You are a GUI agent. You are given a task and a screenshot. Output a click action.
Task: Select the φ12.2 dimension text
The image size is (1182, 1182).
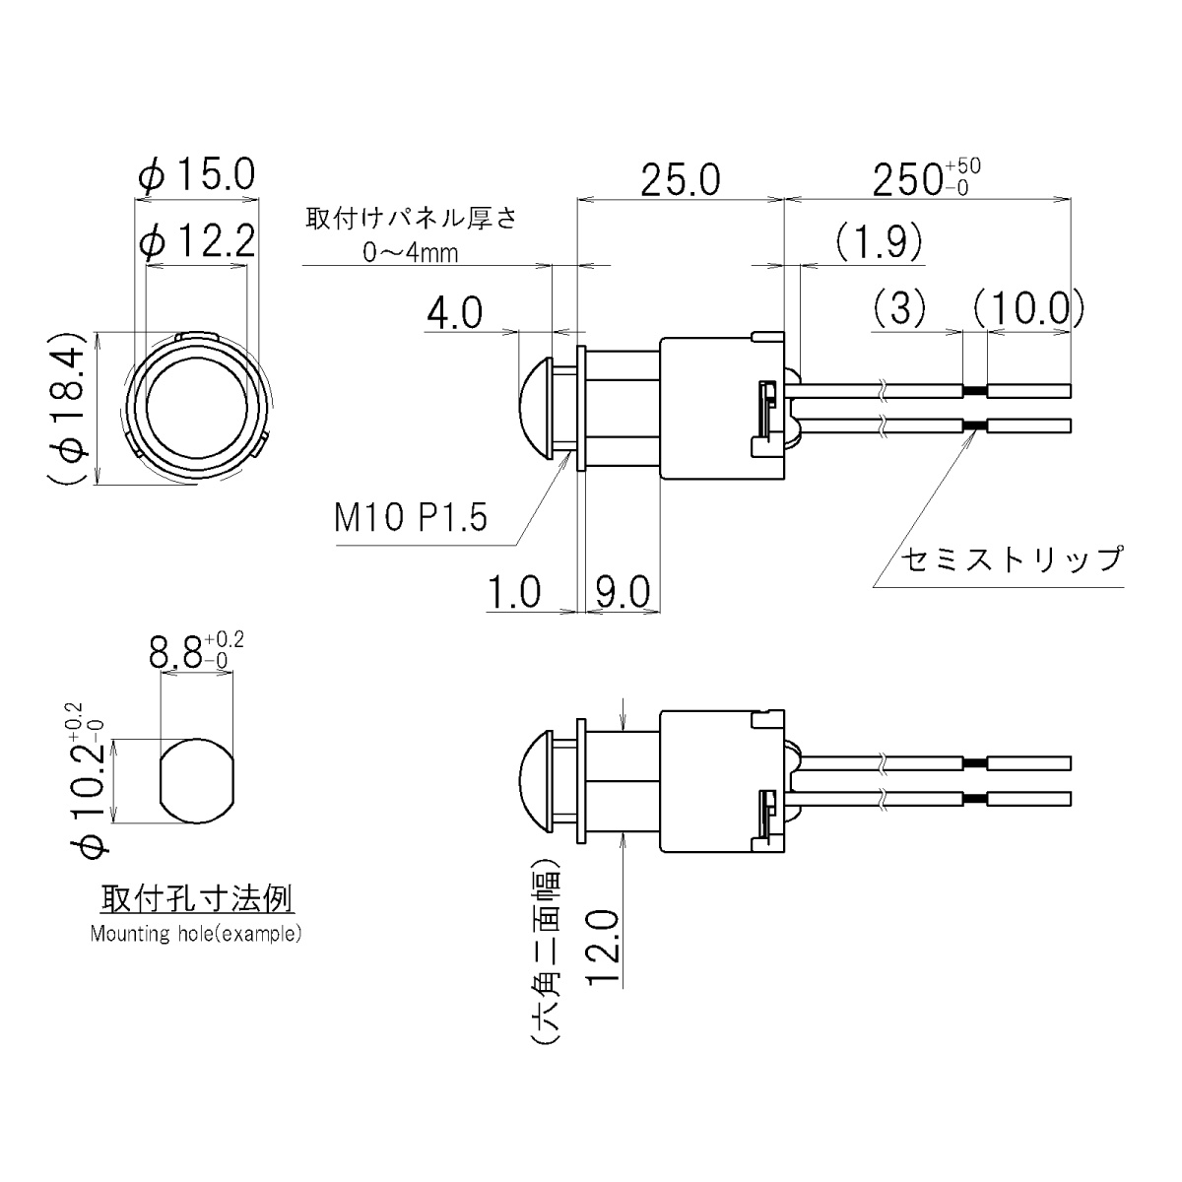click(x=197, y=241)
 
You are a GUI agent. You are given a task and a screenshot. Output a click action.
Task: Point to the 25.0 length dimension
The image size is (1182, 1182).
click(x=680, y=180)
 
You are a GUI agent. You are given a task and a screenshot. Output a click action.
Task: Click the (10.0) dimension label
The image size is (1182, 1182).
click(x=1027, y=309)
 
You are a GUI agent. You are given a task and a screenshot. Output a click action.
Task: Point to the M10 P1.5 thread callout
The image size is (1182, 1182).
click(x=411, y=516)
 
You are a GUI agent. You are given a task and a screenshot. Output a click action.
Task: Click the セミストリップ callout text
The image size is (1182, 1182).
click(x=1012, y=559)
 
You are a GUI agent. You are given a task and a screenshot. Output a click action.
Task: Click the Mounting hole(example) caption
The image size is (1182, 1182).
click(x=196, y=934)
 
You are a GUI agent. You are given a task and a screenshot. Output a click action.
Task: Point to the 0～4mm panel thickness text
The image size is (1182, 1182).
click(x=411, y=253)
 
